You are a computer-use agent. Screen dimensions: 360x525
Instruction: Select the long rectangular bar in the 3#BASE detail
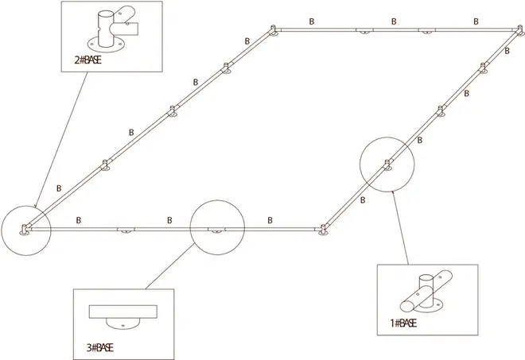[123, 310]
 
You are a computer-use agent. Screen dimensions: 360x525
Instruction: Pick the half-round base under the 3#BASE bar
[123, 323]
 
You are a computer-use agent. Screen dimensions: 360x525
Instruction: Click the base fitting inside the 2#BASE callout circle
[25, 230]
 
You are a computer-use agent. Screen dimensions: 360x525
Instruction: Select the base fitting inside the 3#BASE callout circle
[216, 230]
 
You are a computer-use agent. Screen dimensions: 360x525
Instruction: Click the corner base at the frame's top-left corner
[273, 31]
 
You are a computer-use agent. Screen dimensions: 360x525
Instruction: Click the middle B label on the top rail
[393, 21]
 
